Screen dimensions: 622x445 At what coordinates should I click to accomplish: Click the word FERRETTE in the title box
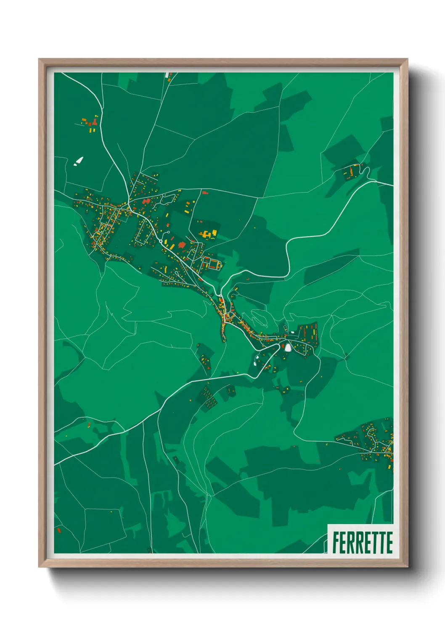pyautogui.click(x=362, y=543)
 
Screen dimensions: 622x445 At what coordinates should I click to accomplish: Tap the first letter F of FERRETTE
pyautogui.click(x=336, y=543)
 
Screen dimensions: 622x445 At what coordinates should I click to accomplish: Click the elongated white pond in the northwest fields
pyautogui.click(x=79, y=161)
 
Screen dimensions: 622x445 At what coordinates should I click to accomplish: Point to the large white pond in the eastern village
pyautogui.click(x=288, y=347)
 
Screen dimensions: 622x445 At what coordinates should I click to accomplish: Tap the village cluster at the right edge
pyautogui.click(x=372, y=441)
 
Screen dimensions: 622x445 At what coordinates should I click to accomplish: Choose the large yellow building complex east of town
pyautogui.click(x=207, y=233)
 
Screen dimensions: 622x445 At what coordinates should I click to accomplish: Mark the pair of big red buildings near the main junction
pyautogui.click(x=146, y=202)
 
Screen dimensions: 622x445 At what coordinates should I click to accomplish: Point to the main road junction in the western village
pyautogui.click(x=127, y=204)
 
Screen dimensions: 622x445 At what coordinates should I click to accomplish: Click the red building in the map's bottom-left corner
pyautogui.click(x=59, y=530)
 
